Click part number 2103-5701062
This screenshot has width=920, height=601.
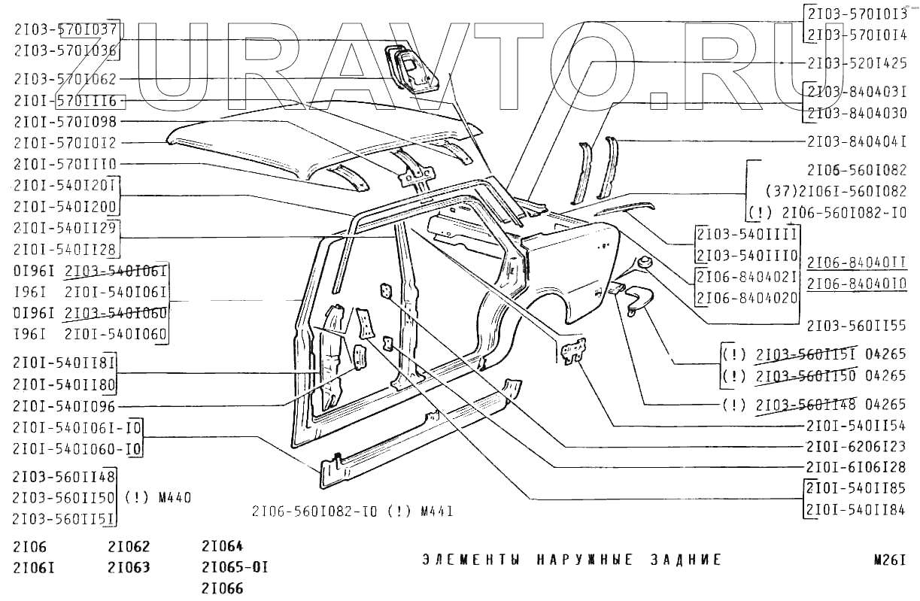coord(65,79)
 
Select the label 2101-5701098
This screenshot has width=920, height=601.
coord(65,121)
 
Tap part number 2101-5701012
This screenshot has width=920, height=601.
coord(65,142)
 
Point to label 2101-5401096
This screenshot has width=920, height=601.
coord(65,407)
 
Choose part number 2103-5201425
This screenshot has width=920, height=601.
coord(855,62)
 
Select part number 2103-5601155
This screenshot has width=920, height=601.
coord(855,326)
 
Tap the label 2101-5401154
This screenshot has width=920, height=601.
coord(855,425)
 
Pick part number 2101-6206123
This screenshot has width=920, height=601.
coord(855,445)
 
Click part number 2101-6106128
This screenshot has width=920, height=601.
coord(855,466)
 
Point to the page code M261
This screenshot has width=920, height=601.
coord(888,560)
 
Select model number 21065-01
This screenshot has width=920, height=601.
coord(235,566)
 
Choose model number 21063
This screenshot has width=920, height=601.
coord(129,566)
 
